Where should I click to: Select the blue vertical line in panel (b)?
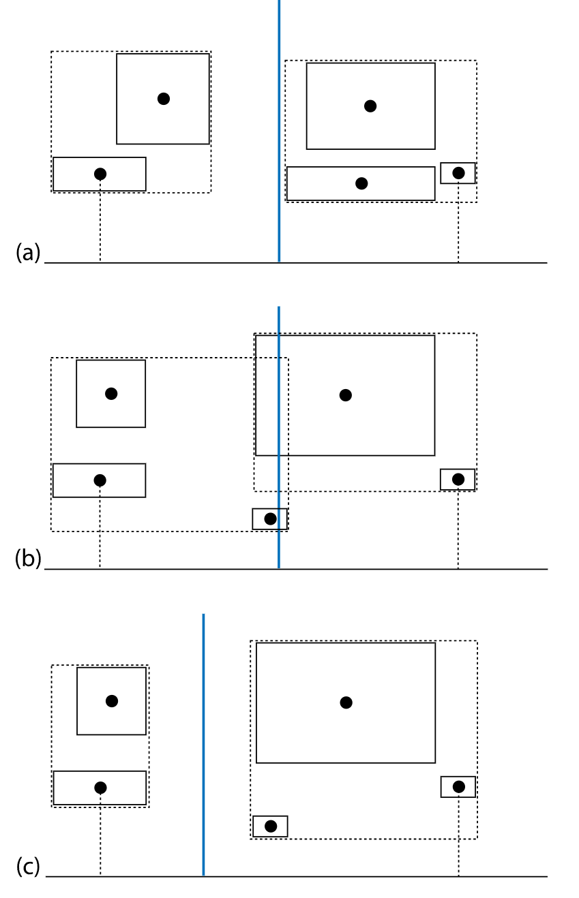pos(279,409)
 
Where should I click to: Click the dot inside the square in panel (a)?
pos(163,99)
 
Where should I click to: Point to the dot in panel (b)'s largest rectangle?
pos(346,395)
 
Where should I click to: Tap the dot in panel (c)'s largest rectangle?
pos(346,702)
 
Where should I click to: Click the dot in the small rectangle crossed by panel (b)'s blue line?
pos(270,519)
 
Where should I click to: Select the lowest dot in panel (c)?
pos(270,826)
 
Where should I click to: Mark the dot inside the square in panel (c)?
pos(112,701)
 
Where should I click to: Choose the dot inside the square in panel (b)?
pos(111,394)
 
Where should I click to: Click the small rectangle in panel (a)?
pos(458,173)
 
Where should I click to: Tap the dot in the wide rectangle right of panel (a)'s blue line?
pos(361,183)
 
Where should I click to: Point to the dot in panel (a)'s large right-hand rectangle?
pos(370,106)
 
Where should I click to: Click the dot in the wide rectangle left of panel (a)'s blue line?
pos(100,174)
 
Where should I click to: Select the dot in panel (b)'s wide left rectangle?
pos(100,480)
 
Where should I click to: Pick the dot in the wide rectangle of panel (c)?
pos(100,788)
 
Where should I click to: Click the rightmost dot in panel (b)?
pos(458,480)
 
